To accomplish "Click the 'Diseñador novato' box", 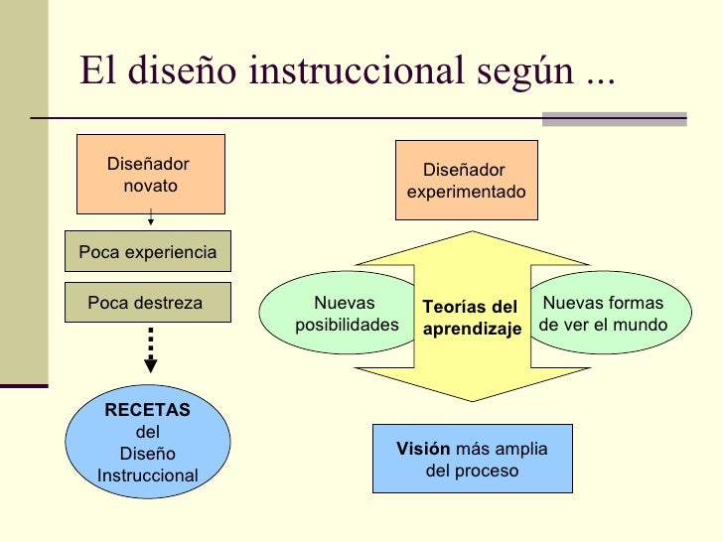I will click(x=151, y=174).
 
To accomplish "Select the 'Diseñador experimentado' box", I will click(x=467, y=180).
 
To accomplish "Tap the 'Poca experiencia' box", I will click(x=147, y=252).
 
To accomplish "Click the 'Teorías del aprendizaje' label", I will click(x=472, y=318).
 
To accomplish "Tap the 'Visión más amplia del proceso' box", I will click(x=472, y=460).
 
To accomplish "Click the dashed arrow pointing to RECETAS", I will click(x=150, y=351).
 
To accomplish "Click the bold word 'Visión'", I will click(x=423, y=449).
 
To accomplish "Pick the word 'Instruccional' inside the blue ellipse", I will click(x=148, y=475).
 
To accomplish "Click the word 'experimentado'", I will click(x=467, y=192).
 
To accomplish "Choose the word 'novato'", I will click(x=151, y=186).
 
